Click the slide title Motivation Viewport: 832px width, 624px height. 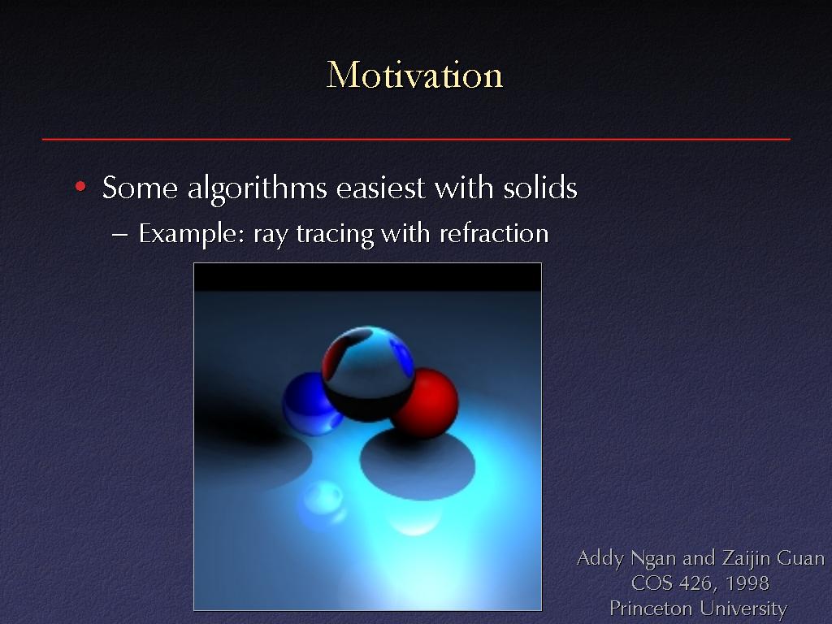(x=414, y=75)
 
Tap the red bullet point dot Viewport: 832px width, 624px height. (x=80, y=186)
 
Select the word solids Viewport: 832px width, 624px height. (x=540, y=188)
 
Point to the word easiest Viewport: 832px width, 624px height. (x=380, y=188)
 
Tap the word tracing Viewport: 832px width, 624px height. (x=335, y=235)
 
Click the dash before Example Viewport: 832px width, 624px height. (x=120, y=235)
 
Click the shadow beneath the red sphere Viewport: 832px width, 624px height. (x=418, y=464)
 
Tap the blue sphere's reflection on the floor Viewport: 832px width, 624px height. (x=322, y=501)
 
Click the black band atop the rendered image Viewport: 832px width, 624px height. (x=368, y=277)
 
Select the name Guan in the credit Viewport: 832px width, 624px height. (x=800, y=558)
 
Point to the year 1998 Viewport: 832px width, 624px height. (x=747, y=583)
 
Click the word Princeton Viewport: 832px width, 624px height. (x=650, y=608)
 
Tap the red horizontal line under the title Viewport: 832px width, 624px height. (x=416, y=139)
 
